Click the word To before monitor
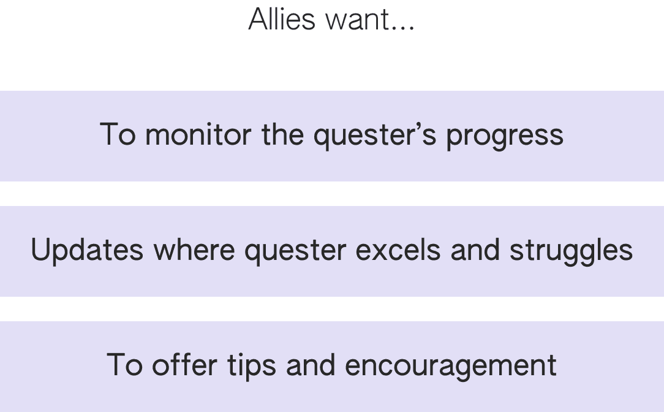[118, 135]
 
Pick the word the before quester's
[284, 135]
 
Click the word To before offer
[125, 365]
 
